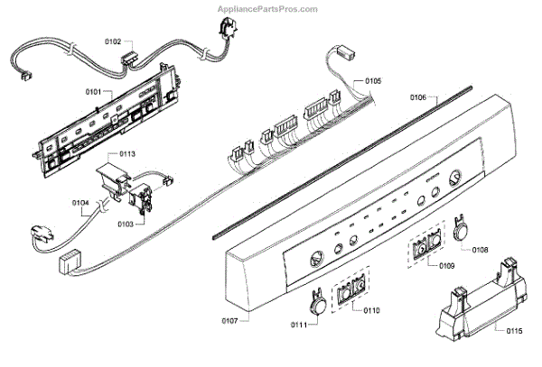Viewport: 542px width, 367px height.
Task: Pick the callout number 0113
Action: pos(126,154)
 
